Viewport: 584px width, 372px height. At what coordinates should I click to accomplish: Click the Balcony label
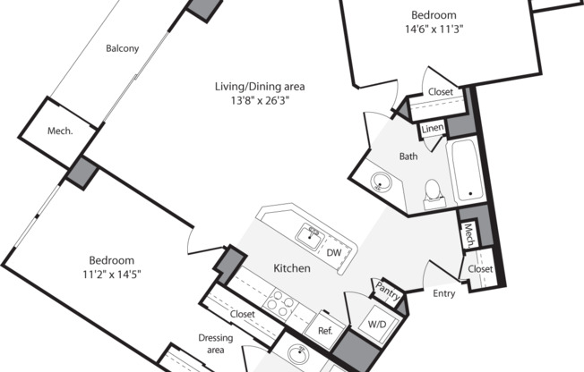click(x=122, y=48)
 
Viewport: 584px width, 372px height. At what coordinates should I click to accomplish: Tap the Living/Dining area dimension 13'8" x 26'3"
click(x=260, y=101)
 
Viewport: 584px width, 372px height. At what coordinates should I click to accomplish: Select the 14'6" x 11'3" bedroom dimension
click(x=434, y=30)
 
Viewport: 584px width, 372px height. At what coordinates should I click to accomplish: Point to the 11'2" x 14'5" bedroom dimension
click(x=112, y=275)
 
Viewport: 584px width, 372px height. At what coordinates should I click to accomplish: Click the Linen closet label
click(x=433, y=128)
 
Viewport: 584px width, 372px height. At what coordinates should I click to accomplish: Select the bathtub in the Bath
click(x=467, y=170)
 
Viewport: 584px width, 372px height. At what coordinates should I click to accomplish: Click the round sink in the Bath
click(x=381, y=182)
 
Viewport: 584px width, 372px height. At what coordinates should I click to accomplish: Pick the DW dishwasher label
click(x=334, y=253)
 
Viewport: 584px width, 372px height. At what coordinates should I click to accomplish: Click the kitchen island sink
click(x=310, y=237)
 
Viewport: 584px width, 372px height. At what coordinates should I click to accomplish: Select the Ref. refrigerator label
click(x=325, y=331)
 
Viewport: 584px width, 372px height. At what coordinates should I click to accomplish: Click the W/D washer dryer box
click(x=377, y=325)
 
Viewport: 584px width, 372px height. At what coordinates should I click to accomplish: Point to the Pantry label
click(x=387, y=291)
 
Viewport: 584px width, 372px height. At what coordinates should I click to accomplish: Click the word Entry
click(x=444, y=293)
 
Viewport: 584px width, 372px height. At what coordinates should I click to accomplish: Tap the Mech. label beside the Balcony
click(x=60, y=131)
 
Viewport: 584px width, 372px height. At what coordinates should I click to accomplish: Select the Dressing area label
click(x=216, y=343)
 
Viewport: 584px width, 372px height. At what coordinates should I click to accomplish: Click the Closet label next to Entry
click(x=480, y=269)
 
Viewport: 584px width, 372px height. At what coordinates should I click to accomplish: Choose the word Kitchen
click(x=292, y=268)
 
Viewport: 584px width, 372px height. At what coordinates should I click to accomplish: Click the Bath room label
click(x=408, y=156)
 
